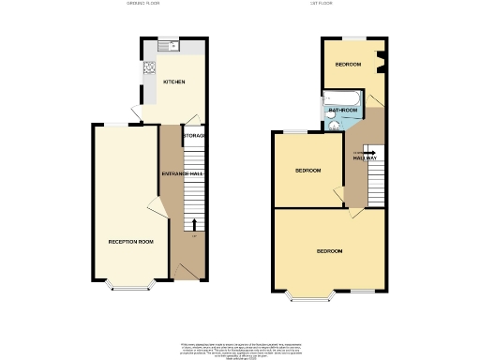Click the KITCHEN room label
point(174,82)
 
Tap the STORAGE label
point(194,137)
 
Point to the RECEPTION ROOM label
point(130,242)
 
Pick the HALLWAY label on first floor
point(366,158)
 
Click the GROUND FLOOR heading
point(143,4)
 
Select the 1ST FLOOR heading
point(348,4)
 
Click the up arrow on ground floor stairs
point(194,224)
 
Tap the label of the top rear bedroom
point(349,65)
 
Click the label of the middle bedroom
point(308,171)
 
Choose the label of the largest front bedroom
point(329,252)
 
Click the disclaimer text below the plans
point(239,349)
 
